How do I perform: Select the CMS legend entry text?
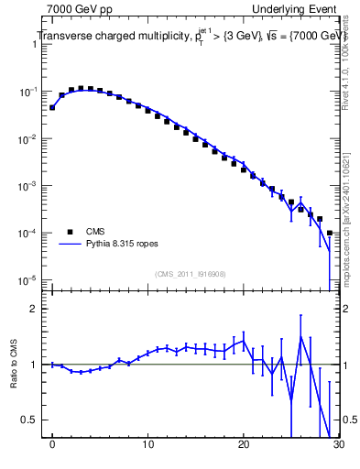click(x=95, y=232)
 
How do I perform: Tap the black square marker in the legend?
click(x=70, y=232)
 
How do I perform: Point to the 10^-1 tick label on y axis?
click(x=29, y=93)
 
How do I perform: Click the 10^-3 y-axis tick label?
click(x=29, y=186)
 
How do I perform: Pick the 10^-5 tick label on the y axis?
click(x=29, y=279)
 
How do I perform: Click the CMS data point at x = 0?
click(x=53, y=107)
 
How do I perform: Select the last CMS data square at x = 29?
click(x=329, y=233)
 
